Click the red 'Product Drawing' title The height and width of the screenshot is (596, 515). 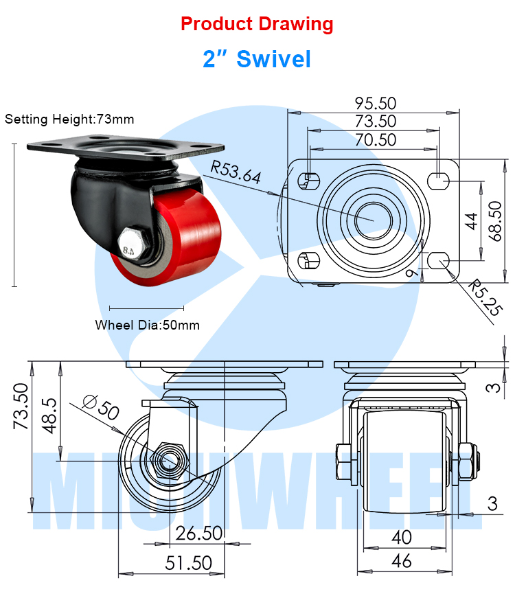pyautogui.click(x=257, y=24)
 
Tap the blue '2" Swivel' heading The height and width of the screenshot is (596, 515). pyautogui.click(x=257, y=59)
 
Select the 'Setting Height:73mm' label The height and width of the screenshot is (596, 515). pyautogui.click(x=69, y=119)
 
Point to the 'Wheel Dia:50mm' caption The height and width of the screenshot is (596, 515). pyautogui.click(x=148, y=325)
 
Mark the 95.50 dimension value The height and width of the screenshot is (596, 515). pyautogui.click(x=376, y=104)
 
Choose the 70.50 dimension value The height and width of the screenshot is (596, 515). pyautogui.click(x=376, y=140)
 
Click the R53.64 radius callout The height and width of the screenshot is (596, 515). pyautogui.click(x=236, y=172)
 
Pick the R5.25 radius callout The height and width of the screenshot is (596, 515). pyautogui.click(x=485, y=297)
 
